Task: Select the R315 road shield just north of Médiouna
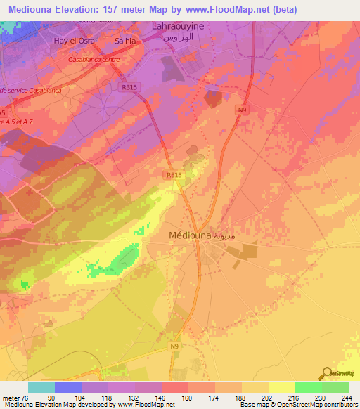pos(174,175)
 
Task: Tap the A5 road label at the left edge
pos(4,112)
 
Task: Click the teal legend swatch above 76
pos(41,387)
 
